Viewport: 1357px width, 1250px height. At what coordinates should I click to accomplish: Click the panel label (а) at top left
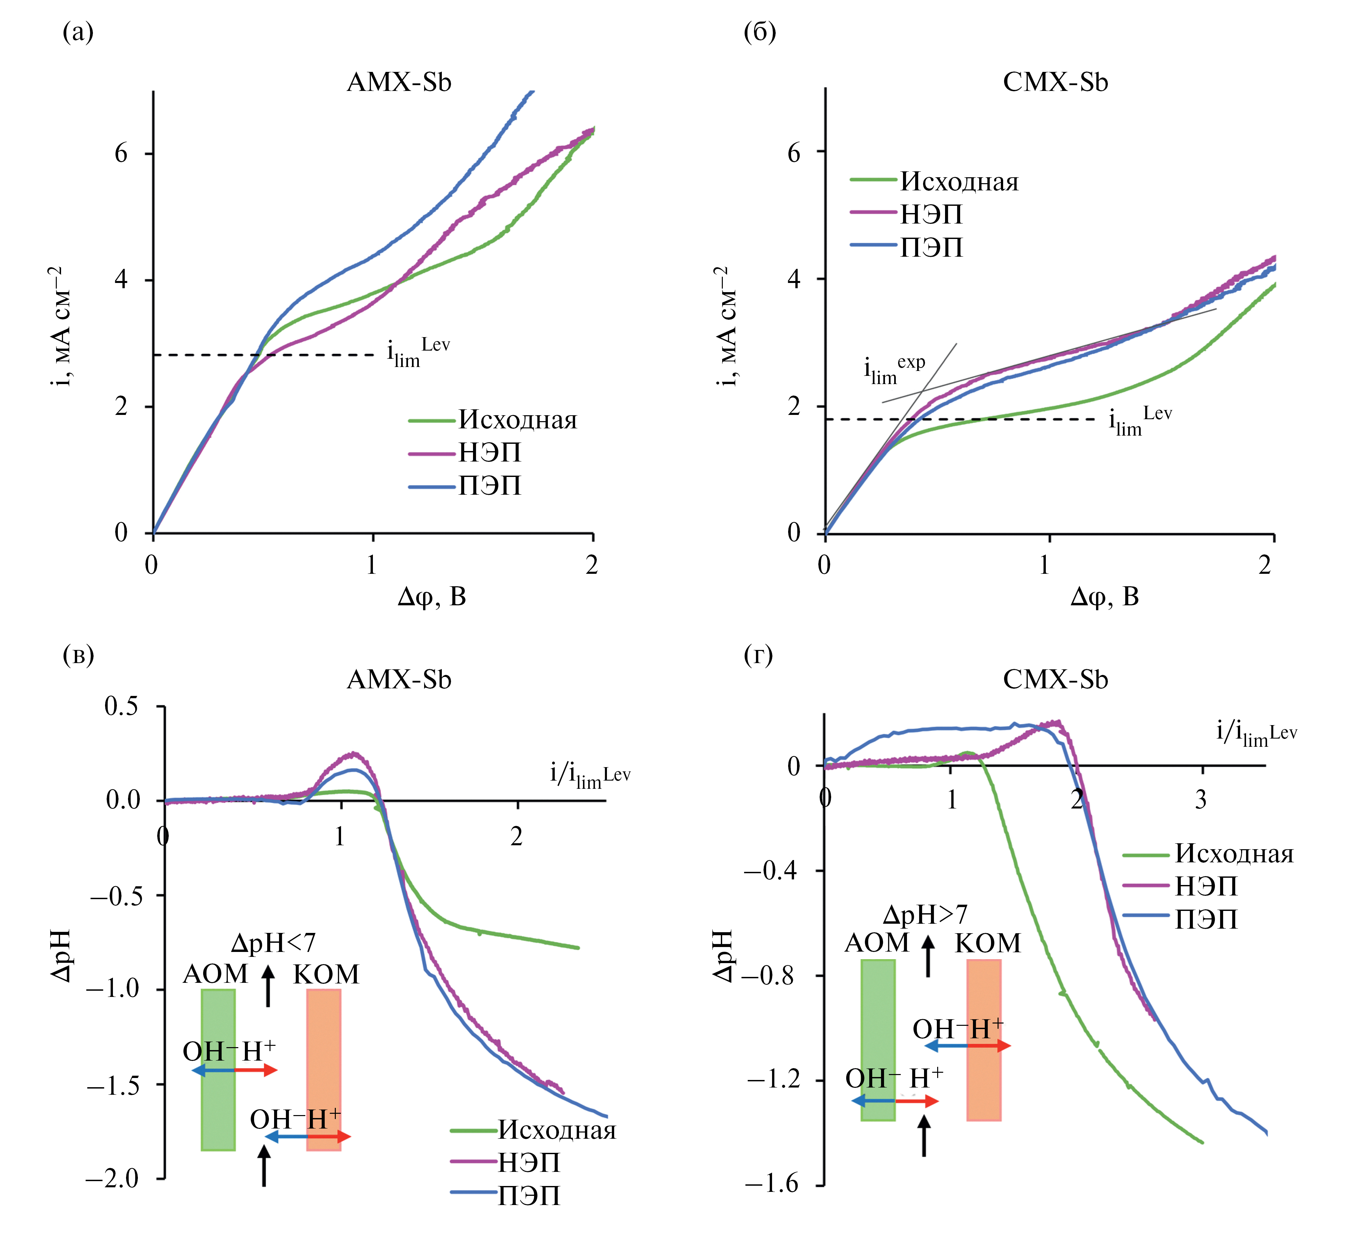tap(78, 32)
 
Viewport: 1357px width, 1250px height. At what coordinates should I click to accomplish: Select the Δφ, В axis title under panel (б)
tap(1105, 596)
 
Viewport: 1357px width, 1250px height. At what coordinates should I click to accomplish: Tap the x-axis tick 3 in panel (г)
tap(1201, 800)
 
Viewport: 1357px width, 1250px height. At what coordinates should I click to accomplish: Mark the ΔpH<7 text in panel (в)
tap(273, 942)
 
